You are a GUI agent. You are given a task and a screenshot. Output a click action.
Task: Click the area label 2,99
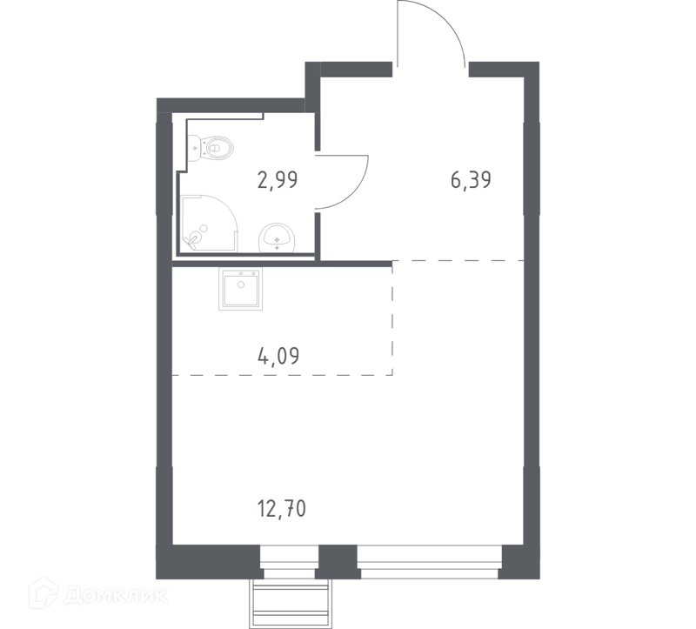278,180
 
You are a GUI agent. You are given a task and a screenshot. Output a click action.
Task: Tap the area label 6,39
471,180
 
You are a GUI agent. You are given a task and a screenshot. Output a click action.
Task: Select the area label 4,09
278,356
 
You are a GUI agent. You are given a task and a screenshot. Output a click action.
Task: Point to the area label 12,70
282,508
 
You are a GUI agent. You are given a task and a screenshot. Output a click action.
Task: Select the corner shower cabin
210,224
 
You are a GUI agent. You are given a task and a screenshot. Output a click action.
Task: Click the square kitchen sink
240,288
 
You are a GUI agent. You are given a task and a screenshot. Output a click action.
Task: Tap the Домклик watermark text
117,596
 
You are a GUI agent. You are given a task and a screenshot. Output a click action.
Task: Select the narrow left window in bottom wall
290,562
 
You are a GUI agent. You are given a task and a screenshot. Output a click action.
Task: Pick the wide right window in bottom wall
430,562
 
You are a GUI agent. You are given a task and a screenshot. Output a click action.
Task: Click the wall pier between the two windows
338,562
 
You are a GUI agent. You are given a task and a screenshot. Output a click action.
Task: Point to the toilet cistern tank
195,148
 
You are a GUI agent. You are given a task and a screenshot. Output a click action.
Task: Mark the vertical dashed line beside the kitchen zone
392,318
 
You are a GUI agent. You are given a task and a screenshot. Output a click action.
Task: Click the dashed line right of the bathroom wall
458,261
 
